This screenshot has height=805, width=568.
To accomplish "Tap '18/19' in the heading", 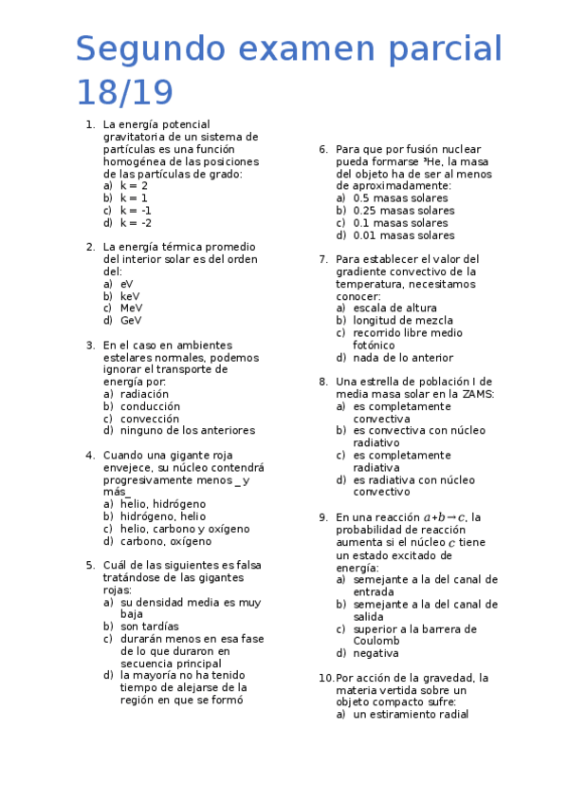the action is coord(124,93).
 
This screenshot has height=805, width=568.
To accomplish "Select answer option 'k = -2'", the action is coord(136,223).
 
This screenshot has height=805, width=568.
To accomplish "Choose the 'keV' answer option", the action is coord(130,296).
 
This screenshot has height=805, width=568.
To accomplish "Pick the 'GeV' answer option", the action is coord(131,321).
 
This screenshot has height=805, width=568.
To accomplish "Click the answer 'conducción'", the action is coord(150,406).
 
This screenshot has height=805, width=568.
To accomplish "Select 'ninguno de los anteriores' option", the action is coord(187,431).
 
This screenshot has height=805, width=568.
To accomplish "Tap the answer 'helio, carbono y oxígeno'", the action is coord(185,529).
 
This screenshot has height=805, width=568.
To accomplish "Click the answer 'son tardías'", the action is coord(150,627).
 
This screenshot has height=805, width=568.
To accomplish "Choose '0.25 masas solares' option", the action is coord(403,211).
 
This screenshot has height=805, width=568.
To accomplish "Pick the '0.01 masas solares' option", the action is coord(403,235).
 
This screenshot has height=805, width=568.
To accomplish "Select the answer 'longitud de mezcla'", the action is coord(403,321).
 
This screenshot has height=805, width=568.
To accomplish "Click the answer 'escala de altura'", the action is coord(394,309).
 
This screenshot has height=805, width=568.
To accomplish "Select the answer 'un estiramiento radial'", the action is coord(411,715).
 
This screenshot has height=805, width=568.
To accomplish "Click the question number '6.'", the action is coord(323,149).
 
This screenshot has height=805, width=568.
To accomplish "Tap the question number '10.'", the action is coord(325,678).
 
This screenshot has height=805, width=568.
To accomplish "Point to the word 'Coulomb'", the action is coord(376,641).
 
